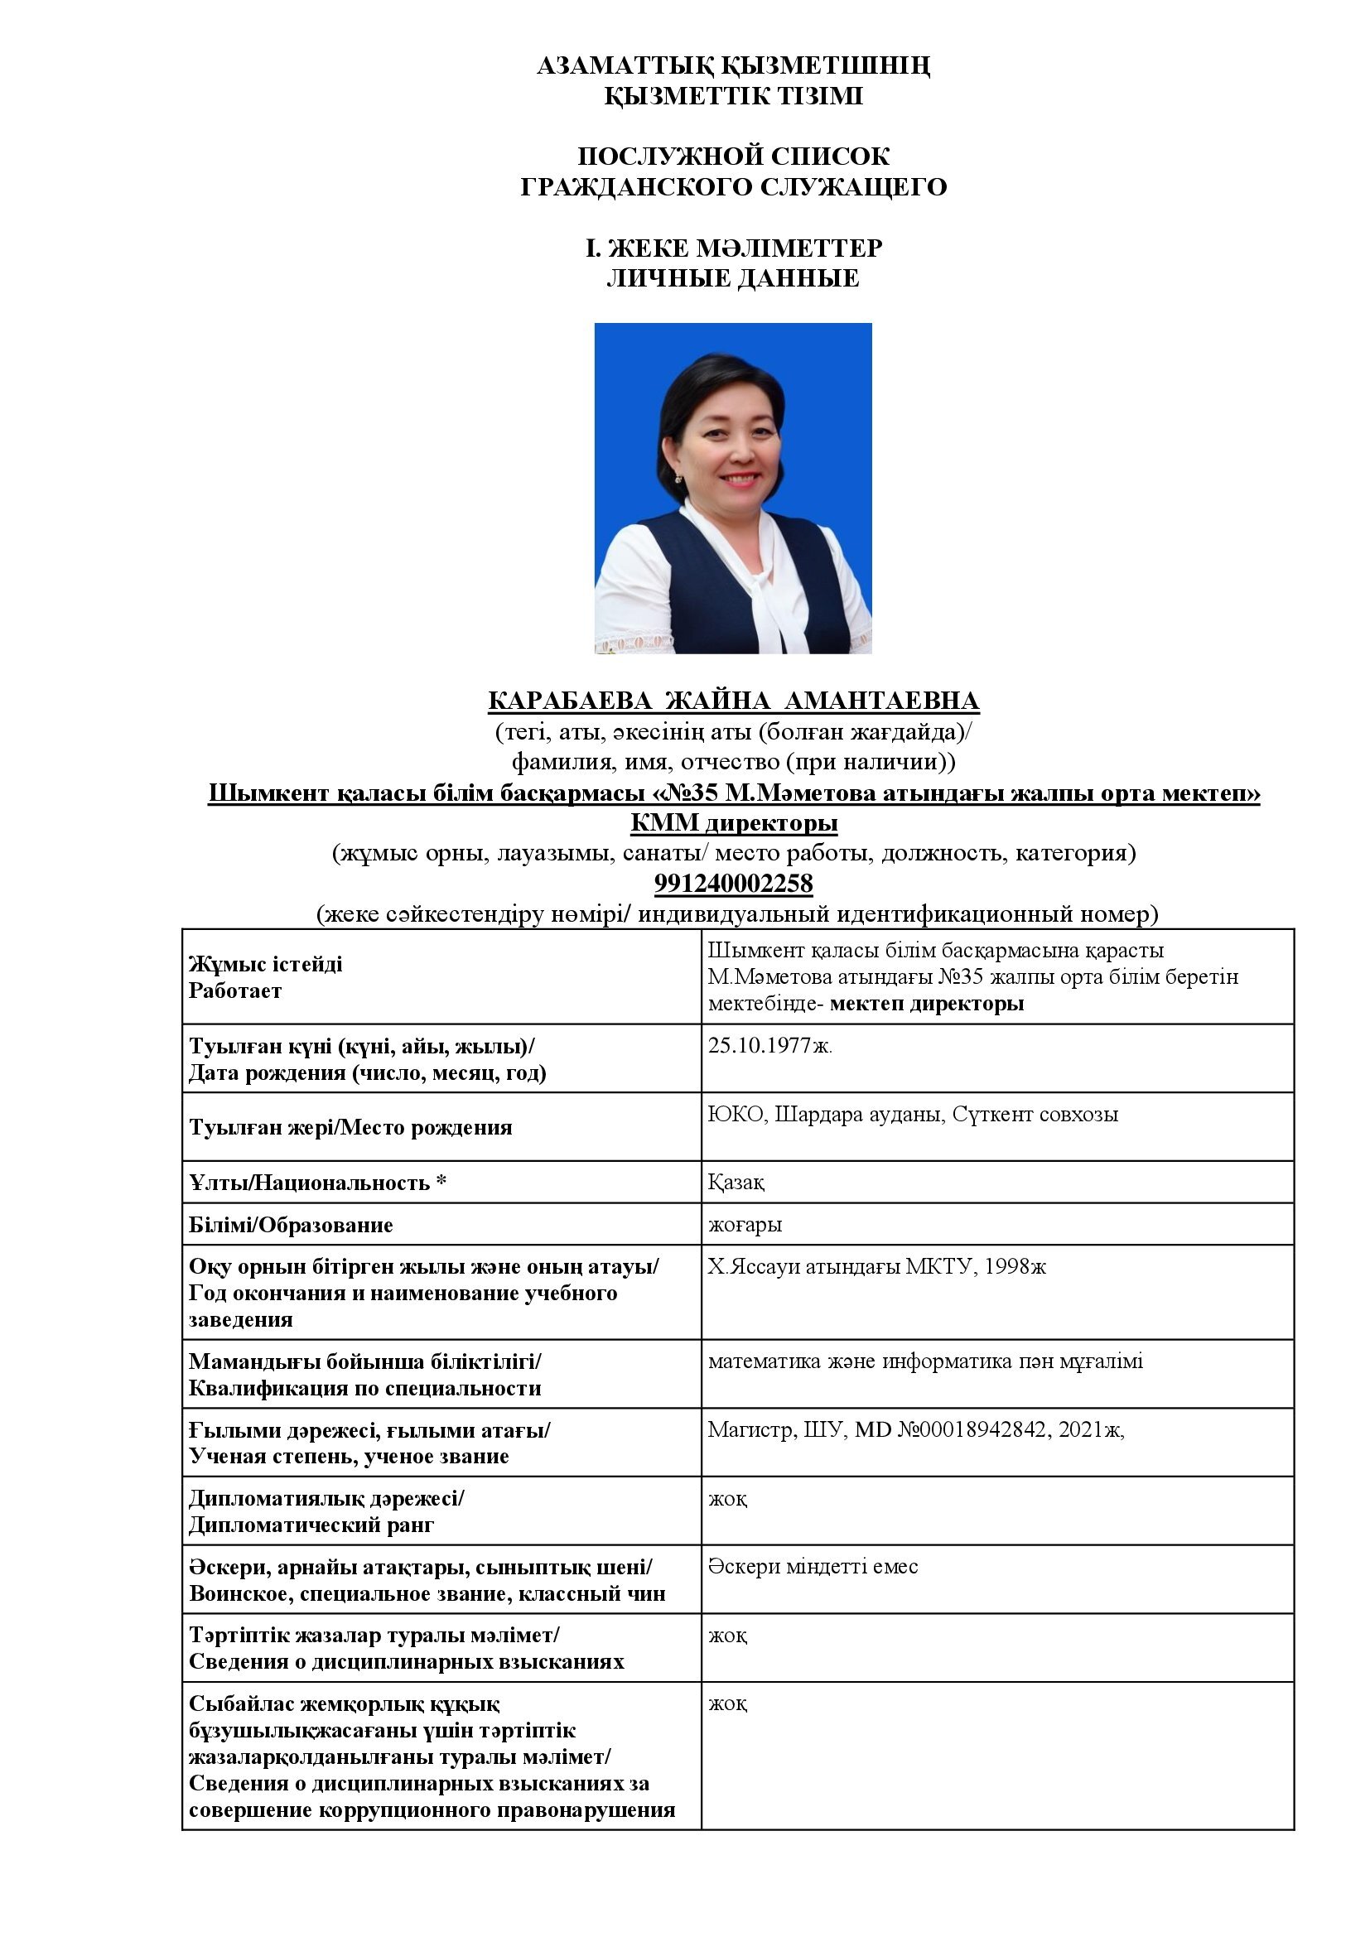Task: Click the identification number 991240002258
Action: pyautogui.click(x=733, y=884)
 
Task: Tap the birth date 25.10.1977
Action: pyautogui.click(x=769, y=1046)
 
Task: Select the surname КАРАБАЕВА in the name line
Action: pyautogui.click(x=569, y=701)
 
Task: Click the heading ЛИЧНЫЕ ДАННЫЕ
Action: pyautogui.click(x=732, y=278)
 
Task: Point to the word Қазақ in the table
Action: pyautogui.click(x=736, y=1183)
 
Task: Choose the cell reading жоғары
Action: pyautogui.click(x=745, y=1224)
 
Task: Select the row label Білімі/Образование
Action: pyautogui.click(x=291, y=1225)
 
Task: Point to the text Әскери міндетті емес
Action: pyautogui.click(x=813, y=1567)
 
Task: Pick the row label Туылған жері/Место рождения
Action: pyautogui.click(x=350, y=1128)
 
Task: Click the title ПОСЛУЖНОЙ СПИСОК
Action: pyautogui.click(x=733, y=156)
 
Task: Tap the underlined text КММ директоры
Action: pyautogui.click(x=733, y=822)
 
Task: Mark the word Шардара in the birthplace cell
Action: pyautogui.click(x=813, y=1115)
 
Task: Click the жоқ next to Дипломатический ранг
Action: pyautogui.click(x=727, y=1498)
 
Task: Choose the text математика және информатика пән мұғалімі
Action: pyautogui.click(x=925, y=1361)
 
